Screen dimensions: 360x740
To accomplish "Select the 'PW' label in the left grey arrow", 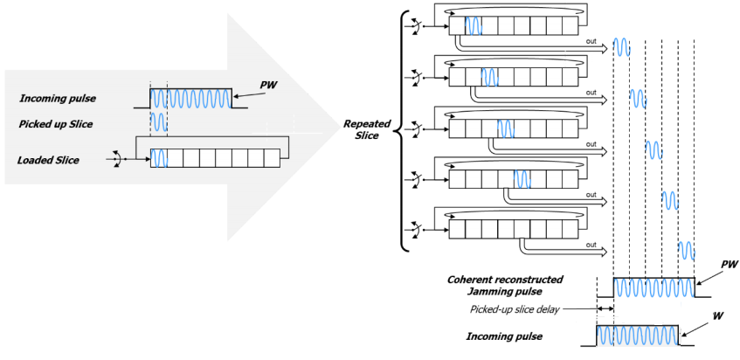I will click(269, 85).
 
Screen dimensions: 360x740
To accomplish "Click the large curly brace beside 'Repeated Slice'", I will click(403, 130).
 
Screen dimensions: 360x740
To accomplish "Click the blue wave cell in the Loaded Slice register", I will click(158, 158).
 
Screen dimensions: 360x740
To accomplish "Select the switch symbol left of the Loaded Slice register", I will click(113, 158).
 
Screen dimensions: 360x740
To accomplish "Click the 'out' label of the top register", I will click(591, 41).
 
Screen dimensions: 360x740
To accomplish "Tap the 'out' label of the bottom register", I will click(591, 245).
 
